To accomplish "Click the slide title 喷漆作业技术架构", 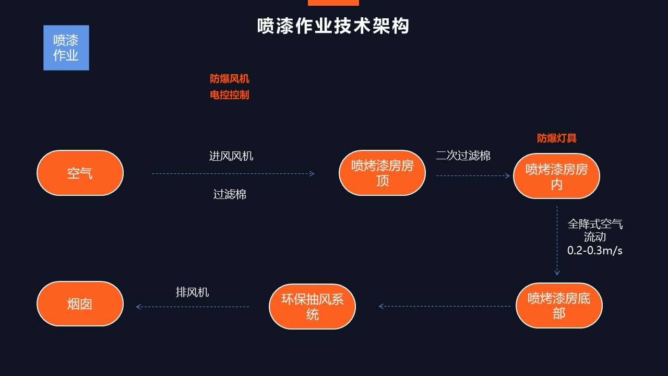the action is tap(333, 26).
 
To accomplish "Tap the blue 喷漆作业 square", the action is tap(66, 48).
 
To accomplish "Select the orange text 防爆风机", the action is tap(229, 79).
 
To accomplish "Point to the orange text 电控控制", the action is tap(229, 95).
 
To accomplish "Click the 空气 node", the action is tap(80, 173).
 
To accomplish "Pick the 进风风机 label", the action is tap(231, 156).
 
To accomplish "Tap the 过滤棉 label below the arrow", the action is tap(230, 194).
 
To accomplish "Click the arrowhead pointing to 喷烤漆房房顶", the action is tap(312, 174).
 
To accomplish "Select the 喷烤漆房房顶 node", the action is tap(383, 173).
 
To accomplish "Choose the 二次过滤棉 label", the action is tap(463, 156).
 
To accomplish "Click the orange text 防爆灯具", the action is tap(557, 138).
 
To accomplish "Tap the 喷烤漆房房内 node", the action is tap(557, 176).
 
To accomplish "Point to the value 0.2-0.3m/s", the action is tap(595, 250).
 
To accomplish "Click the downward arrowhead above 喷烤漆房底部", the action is tap(557, 273).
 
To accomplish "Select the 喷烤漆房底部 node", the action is tap(559, 305).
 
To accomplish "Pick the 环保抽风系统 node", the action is tap(313, 307).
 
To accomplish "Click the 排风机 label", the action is tap(193, 292).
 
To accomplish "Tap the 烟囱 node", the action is tap(80, 304).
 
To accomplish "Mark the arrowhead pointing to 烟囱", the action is tap(138, 307).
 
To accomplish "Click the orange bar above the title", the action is tap(333, 3).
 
